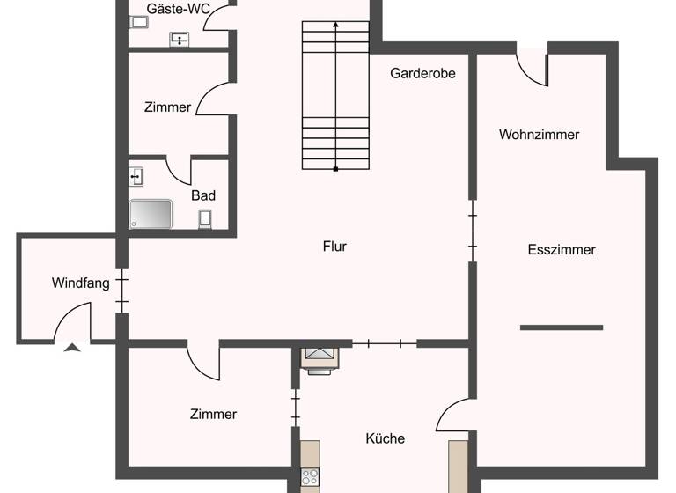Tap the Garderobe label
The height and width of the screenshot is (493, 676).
pos(422,74)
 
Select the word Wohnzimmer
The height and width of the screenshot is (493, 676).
pos(539,135)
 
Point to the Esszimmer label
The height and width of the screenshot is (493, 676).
pos(562,250)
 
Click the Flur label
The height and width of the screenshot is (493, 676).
pos(334,246)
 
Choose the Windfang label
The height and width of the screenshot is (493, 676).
pos(80,283)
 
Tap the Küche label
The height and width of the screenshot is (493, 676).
pos(386,438)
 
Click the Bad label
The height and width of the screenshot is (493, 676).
pos(203,195)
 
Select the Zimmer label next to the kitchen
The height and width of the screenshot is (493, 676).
pos(213,415)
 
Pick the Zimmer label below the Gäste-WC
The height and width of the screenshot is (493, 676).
pos(167,107)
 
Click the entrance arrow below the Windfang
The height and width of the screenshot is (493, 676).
pos(72,348)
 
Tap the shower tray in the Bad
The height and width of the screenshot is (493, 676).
pos(151,214)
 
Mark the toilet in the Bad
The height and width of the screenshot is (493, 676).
pos(205,218)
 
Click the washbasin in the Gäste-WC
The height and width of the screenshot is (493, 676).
pos(180,39)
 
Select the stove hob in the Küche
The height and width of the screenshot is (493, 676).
pos(310,477)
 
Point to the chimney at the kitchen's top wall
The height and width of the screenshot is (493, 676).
pos(319,358)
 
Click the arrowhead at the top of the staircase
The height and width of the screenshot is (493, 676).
pos(335,26)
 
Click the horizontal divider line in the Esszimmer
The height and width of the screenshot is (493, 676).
pos(562,327)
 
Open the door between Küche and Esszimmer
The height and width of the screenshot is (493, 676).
pos(456,414)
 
